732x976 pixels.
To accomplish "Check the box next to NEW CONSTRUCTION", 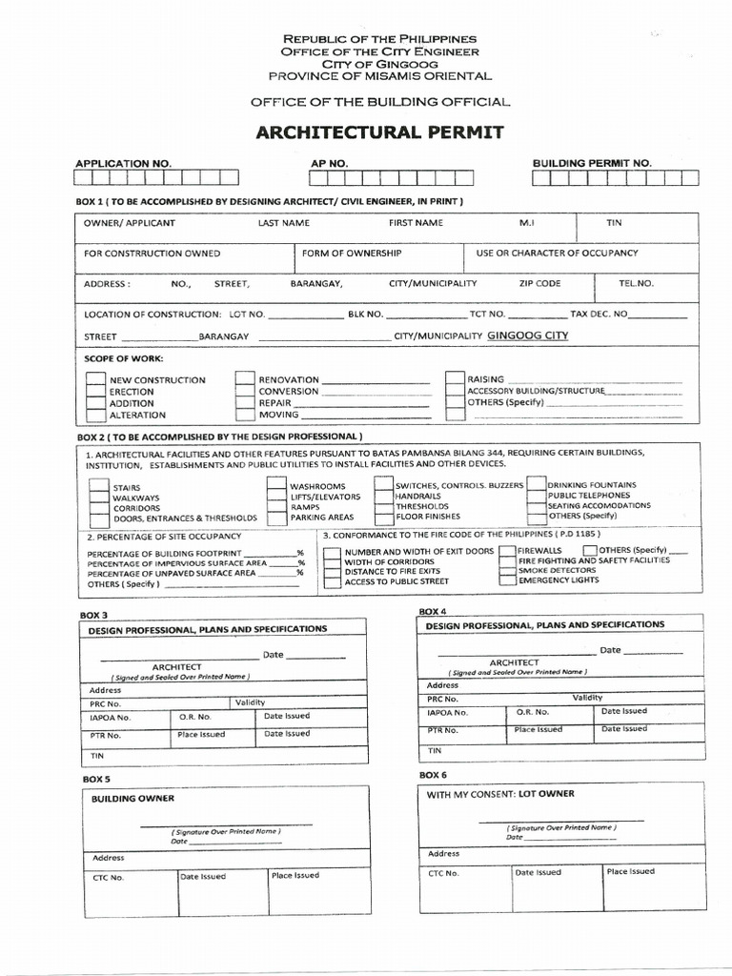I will pos(95,379).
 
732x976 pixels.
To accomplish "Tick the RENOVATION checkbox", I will pos(245,379).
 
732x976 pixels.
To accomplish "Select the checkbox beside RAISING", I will pos(455,378).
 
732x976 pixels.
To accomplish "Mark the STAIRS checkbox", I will pos(99,486).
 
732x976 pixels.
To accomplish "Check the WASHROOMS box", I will pos(277,485).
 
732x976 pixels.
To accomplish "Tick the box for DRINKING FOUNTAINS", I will pos(537,484).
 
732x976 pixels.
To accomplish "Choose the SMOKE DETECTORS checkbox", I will pos(505,570).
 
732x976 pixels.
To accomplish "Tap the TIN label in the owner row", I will pos(614,223).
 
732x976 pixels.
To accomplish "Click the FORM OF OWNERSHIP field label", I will pos(351,254).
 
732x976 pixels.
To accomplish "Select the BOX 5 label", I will pos(96,780).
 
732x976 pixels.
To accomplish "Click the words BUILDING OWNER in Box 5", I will pos(132,799).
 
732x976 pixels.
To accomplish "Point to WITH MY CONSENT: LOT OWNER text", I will pos(500,794).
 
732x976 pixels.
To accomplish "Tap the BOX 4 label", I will pos(433,610).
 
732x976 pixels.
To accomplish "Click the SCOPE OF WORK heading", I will pos(124,358).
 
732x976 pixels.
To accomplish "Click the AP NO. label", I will pos(330,163).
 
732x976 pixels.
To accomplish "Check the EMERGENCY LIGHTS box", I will pos(505,580).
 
